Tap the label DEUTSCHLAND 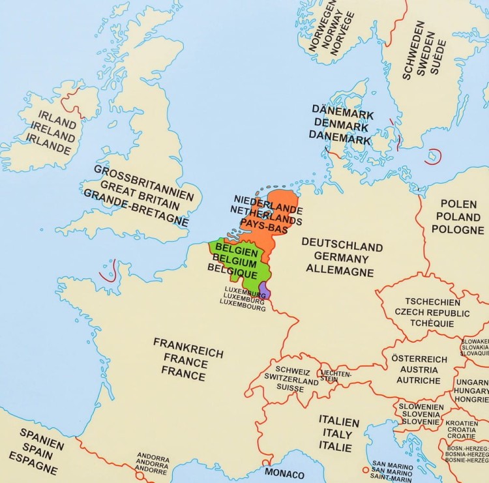(x=342, y=244)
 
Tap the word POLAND (x=458, y=216)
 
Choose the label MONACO (x=284, y=474)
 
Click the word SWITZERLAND (x=291, y=377)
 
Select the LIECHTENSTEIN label (x=336, y=376)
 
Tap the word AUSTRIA (x=419, y=370)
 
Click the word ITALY (x=338, y=433)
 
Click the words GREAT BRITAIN (x=142, y=195)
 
